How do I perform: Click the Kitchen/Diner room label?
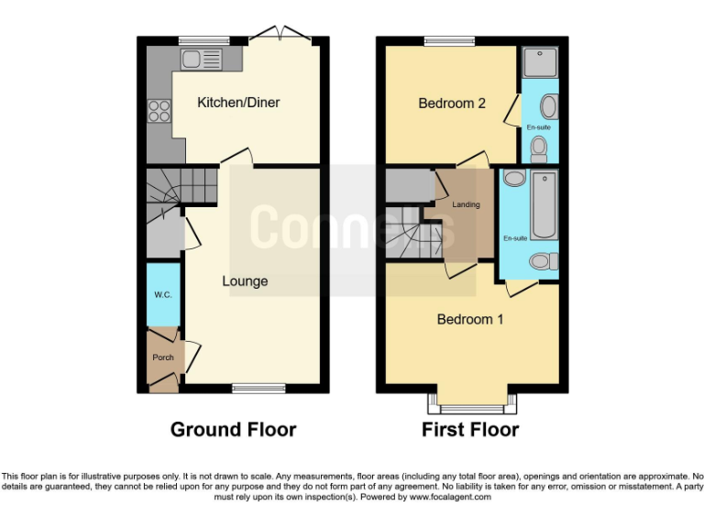[x=238, y=103]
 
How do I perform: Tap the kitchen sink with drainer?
[x=202, y=60]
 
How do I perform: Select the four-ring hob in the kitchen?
[x=159, y=110]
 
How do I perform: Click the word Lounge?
[x=245, y=281]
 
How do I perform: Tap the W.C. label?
[x=163, y=294]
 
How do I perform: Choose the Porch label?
[x=163, y=357]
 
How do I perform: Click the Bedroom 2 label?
[x=452, y=104]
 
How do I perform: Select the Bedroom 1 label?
[x=469, y=320]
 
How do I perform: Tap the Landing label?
[x=466, y=204]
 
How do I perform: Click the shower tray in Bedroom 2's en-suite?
[x=536, y=62]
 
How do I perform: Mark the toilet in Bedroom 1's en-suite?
[x=544, y=262]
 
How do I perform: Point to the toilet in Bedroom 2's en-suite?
[x=539, y=148]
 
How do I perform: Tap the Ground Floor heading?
[x=233, y=429]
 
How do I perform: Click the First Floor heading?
[x=469, y=429]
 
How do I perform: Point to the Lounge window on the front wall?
[x=258, y=388]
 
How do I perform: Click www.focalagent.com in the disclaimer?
[x=450, y=497]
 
